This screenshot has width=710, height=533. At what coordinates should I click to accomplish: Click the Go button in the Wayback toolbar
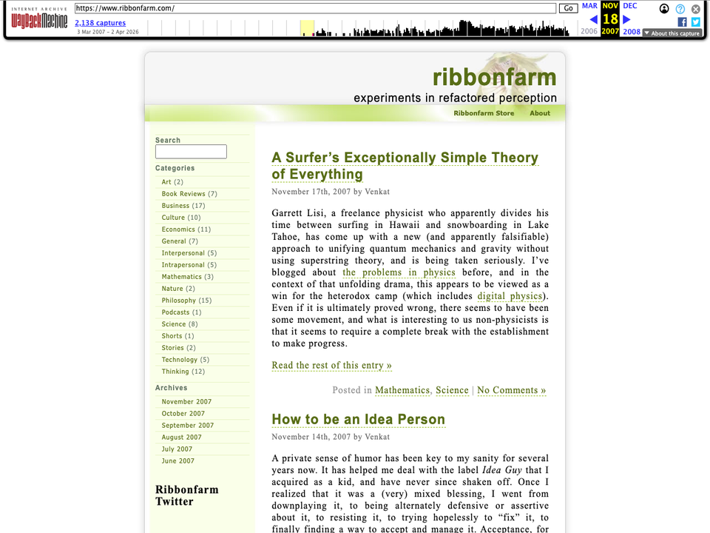tap(568, 8)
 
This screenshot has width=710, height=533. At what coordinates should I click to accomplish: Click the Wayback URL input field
tap(316, 8)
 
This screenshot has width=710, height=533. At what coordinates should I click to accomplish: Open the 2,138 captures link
tap(100, 23)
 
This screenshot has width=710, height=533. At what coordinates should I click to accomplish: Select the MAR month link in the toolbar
tap(589, 6)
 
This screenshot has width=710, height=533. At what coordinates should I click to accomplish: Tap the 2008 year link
tap(632, 32)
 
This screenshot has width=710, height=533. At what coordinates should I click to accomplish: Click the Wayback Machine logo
tap(39, 21)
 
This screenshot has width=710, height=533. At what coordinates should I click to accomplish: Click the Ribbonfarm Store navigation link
tap(484, 113)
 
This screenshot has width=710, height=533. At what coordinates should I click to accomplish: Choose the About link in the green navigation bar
tap(540, 113)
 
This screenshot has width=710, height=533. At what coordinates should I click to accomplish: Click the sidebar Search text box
tap(191, 152)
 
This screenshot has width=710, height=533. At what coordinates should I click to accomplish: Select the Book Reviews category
tap(183, 194)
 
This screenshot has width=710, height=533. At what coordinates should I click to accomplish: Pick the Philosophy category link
tap(179, 301)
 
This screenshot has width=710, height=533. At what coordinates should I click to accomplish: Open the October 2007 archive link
tap(183, 414)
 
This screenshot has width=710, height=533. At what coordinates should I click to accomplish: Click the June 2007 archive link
tap(178, 461)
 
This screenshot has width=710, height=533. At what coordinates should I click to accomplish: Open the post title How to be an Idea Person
tap(359, 420)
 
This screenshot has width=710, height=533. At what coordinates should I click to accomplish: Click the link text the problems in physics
tap(399, 273)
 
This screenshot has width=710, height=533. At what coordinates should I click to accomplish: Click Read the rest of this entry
tap(331, 366)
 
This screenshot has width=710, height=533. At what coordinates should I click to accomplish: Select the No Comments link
tap(511, 390)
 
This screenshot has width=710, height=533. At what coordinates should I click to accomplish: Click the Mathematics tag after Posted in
tap(402, 390)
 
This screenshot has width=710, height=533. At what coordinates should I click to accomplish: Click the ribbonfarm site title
tap(494, 77)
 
